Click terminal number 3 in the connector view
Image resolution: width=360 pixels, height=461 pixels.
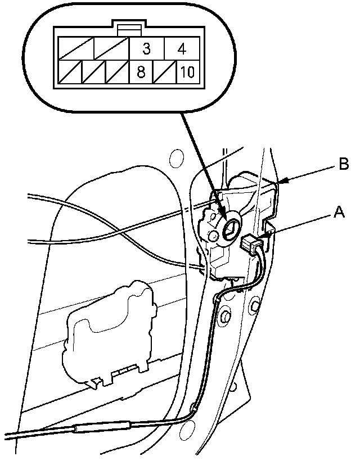[146, 49]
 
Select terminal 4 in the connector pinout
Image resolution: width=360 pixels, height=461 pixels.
[181, 49]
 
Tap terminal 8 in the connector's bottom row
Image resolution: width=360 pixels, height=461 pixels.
[146, 72]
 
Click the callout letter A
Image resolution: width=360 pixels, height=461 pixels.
[339, 211]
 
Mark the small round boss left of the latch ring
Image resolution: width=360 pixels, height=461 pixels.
[214, 234]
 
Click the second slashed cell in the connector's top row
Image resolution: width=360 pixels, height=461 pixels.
[111, 49]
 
